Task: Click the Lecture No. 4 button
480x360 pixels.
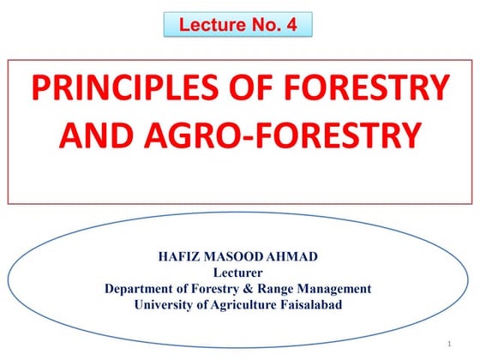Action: click(238, 25)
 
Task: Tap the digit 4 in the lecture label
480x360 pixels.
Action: click(292, 25)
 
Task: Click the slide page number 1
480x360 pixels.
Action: click(448, 344)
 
